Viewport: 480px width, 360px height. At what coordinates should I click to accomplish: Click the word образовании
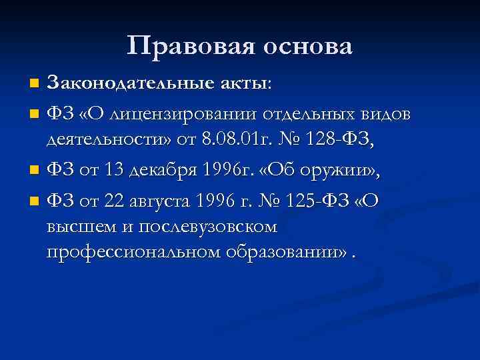point(281,254)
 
